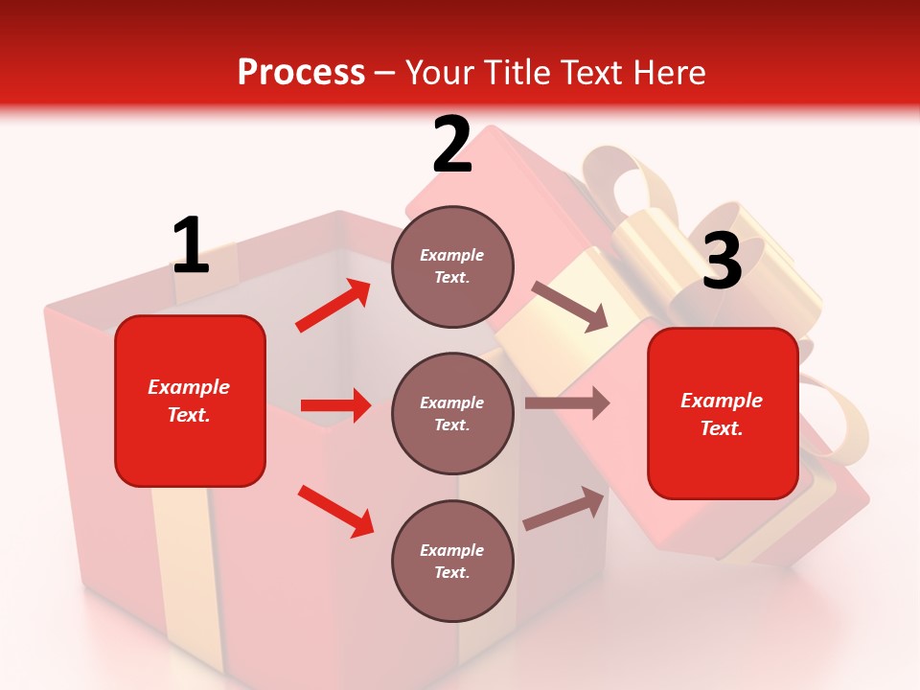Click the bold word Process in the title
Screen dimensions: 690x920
point(301,72)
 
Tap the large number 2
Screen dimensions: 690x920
point(452,145)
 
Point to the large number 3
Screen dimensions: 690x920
point(722,261)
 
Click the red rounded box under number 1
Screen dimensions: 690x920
point(190,401)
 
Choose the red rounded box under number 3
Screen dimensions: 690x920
point(723,413)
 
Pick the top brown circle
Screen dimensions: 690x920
point(452,266)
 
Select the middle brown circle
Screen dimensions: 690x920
point(452,413)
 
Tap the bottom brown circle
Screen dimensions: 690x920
point(452,561)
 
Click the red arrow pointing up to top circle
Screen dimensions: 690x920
point(333,306)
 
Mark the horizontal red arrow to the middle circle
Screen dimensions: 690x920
point(335,405)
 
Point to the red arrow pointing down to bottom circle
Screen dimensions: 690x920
point(335,510)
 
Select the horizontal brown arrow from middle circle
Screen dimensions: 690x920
point(567,403)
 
